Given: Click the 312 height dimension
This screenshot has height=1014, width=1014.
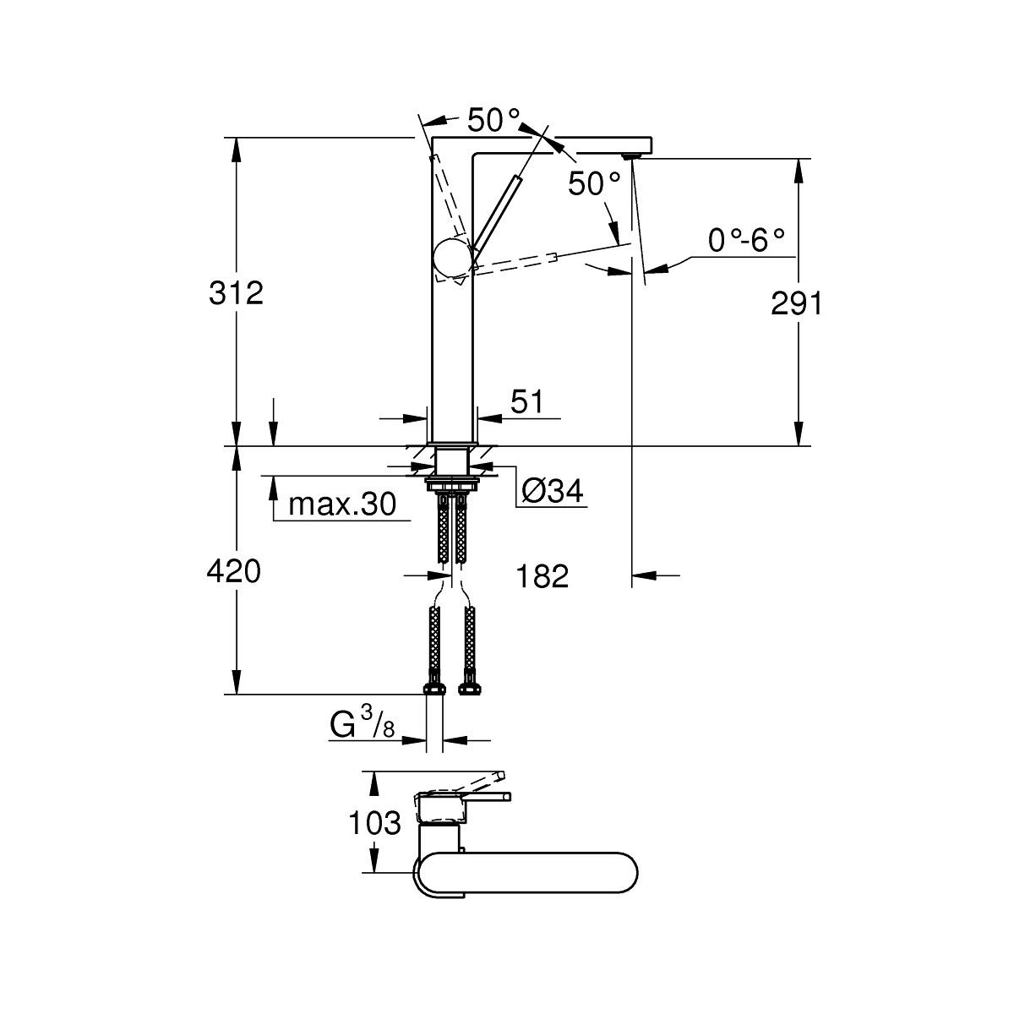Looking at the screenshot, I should click(237, 293).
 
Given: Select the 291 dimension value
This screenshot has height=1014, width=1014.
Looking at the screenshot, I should click(796, 303).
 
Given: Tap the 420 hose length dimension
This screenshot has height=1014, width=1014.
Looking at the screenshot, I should click(234, 572).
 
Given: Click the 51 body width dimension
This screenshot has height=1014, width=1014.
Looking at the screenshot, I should click(526, 402).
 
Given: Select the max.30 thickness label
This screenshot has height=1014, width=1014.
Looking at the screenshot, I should click(341, 505).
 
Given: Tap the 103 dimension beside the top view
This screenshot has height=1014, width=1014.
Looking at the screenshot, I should click(374, 822).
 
